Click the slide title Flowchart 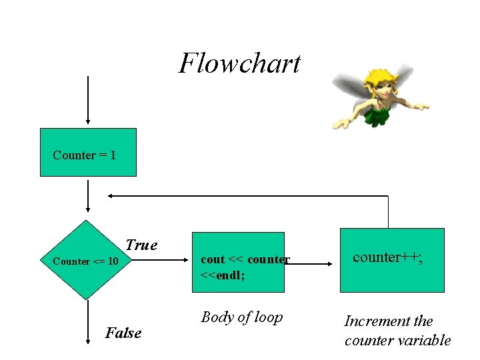pyautogui.click(x=239, y=64)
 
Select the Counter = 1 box pyautogui.click(x=88, y=153)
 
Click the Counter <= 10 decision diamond pyautogui.click(x=87, y=261)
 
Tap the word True pyautogui.click(x=141, y=245)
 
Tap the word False pyautogui.click(x=123, y=333)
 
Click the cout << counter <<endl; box pyautogui.click(x=238, y=263)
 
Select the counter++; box pyautogui.click(x=392, y=260)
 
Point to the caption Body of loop pyautogui.click(x=242, y=317)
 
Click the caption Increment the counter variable pyautogui.click(x=397, y=331)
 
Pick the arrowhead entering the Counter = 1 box pyautogui.click(x=88, y=121)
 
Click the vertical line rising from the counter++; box pyautogui.click(x=388, y=212)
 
